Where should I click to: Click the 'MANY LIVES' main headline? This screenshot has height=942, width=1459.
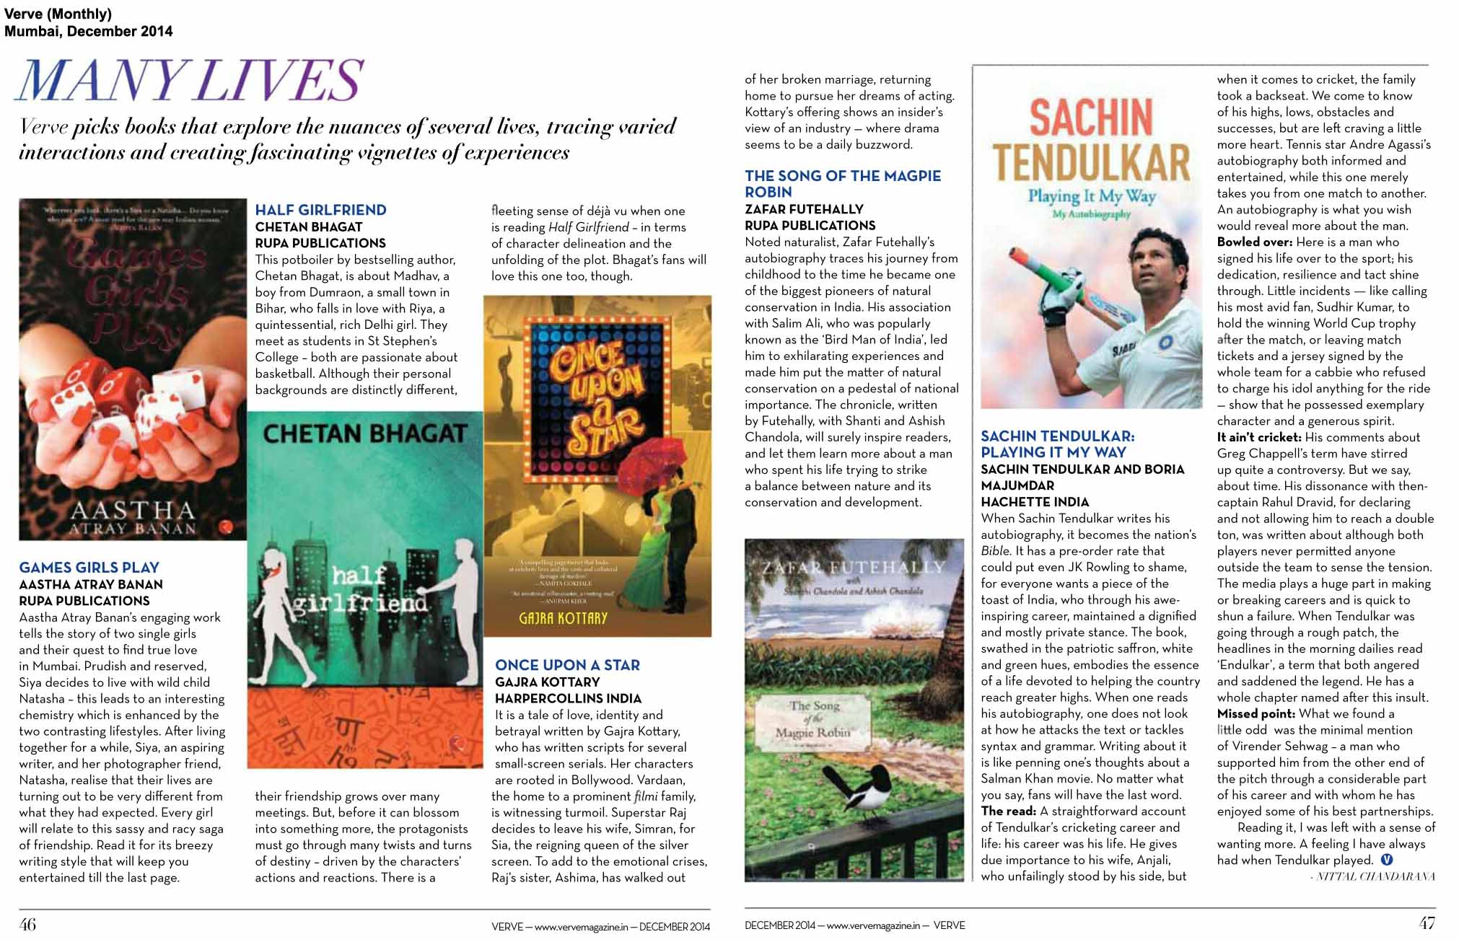pyautogui.click(x=189, y=80)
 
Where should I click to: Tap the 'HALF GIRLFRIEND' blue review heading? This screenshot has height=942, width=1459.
pyautogui.click(x=320, y=210)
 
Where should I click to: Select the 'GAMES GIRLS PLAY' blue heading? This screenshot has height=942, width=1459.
pyautogui.click(x=89, y=568)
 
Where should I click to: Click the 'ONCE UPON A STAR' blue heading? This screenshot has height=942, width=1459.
pyautogui.click(x=567, y=665)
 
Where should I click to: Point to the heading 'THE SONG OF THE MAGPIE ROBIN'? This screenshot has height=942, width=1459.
pyautogui.click(x=843, y=184)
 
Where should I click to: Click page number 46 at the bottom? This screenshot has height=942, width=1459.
pyautogui.click(x=27, y=924)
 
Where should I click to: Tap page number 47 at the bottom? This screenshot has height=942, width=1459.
pyautogui.click(x=1427, y=923)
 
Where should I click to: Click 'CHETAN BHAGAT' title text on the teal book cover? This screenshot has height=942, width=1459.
pyautogui.click(x=365, y=434)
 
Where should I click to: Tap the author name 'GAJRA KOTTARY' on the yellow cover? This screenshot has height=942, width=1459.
pyautogui.click(x=563, y=618)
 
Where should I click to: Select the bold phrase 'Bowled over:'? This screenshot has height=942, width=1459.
pyautogui.click(x=1254, y=242)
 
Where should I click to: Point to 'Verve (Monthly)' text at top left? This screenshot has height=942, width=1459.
pyautogui.click(x=58, y=14)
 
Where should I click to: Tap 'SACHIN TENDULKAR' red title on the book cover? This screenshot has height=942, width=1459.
pyautogui.click(x=1090, y=141)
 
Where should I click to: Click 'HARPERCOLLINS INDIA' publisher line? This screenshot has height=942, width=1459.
pyautogui.click(x=568, y=698)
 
